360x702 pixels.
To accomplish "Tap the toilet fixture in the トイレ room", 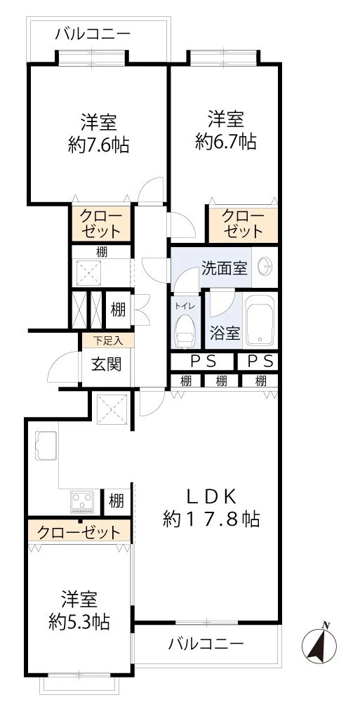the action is (x=185, y=331).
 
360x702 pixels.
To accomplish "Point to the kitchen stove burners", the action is (x=82, y=501).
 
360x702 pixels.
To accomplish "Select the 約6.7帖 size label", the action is (x=226, y=143).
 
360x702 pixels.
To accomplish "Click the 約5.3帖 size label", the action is (x=79, y=621).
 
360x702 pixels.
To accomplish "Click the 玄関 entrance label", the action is (x=107, y=364).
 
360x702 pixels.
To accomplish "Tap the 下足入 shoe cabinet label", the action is (x=108, y=340).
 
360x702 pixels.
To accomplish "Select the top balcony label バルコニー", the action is (x=93, y=34).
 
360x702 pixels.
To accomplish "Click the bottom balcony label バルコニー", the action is (x=206, y=644).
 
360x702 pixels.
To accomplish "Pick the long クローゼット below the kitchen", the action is (x=79, y=532).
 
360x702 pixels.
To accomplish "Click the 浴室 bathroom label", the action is (x=225, y=333).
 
